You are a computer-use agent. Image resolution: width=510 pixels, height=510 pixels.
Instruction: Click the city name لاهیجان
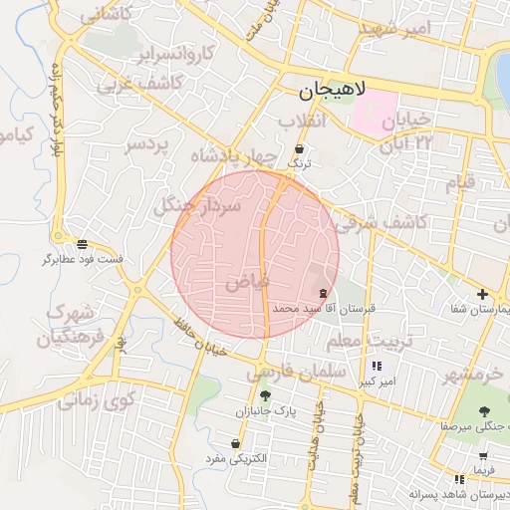[332, 93]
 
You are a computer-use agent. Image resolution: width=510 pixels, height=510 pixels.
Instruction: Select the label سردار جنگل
[197, 206]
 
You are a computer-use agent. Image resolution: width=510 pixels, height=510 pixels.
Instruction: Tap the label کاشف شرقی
[388, 223]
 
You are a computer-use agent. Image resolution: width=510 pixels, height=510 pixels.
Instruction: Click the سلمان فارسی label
[296, 372]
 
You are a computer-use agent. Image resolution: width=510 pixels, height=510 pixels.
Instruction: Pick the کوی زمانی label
[95, 401]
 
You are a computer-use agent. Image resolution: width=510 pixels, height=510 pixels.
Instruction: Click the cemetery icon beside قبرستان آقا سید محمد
[323, 293]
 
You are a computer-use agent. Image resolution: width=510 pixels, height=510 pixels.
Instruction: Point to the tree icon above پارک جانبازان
[265, 395]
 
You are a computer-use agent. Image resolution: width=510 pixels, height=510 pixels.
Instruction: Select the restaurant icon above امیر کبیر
[376, 366]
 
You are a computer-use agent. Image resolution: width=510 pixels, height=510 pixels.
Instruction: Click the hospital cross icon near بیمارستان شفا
[482, 294]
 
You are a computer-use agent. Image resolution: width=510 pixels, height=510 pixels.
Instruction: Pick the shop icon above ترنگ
[300, 148]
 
